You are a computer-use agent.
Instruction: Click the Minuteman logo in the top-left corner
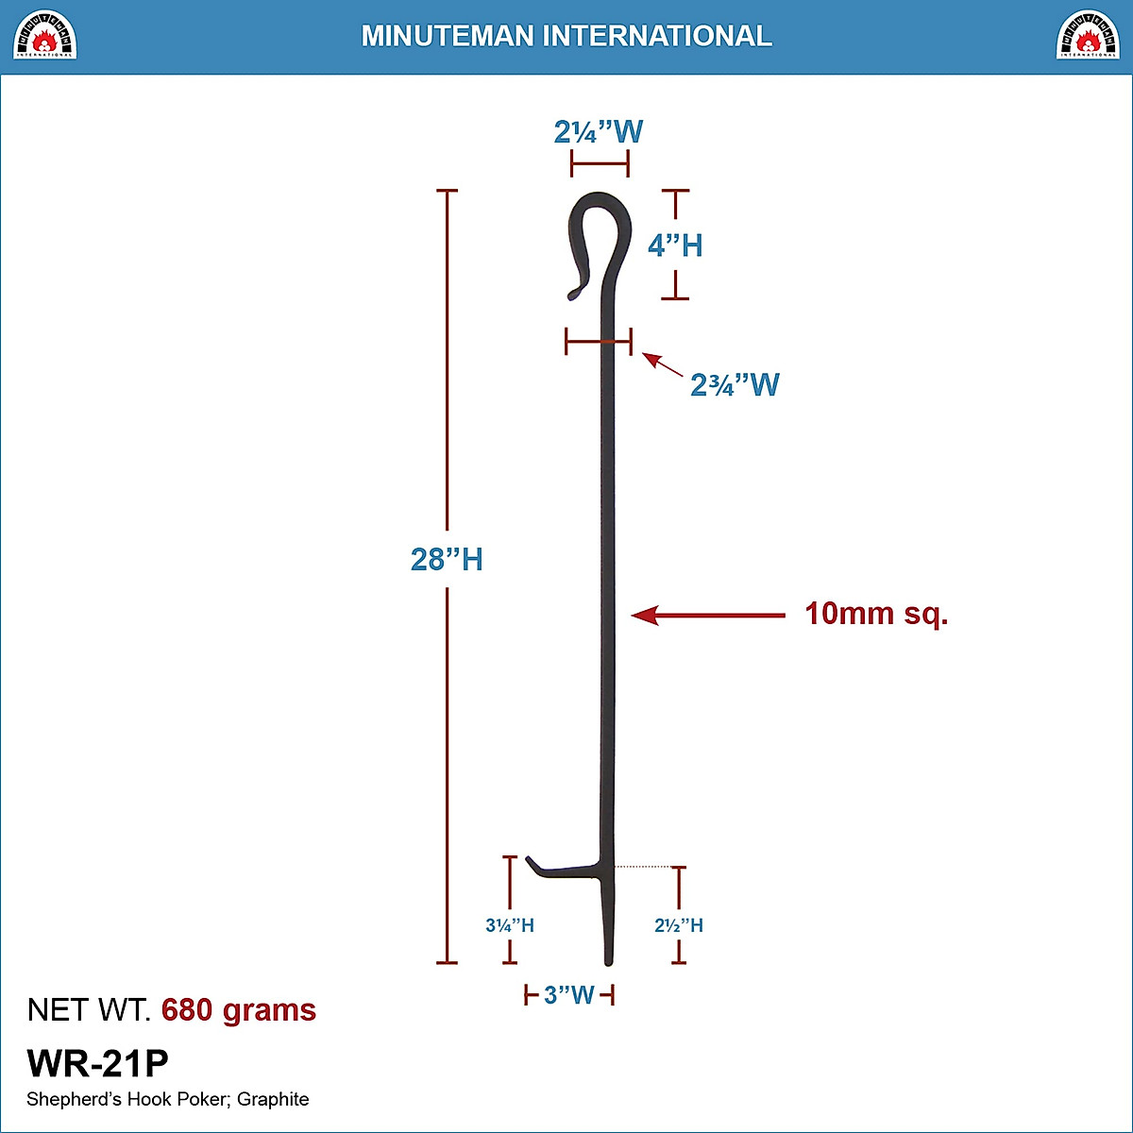coord(45,35)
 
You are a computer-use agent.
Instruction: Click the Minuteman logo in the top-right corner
coord(1088,35)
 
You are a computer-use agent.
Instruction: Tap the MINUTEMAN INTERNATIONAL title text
coord(566,36)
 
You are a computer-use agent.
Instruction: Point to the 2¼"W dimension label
coord(599,131)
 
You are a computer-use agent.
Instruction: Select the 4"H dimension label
coord(675,245)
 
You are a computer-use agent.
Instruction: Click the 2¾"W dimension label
coord(735,384)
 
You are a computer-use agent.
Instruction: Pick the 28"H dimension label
coord(447,559)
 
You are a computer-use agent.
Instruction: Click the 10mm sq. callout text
coord(876,614)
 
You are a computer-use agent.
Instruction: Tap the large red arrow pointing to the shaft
coord(708,616)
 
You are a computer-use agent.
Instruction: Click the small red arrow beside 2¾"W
coord(662,364)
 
